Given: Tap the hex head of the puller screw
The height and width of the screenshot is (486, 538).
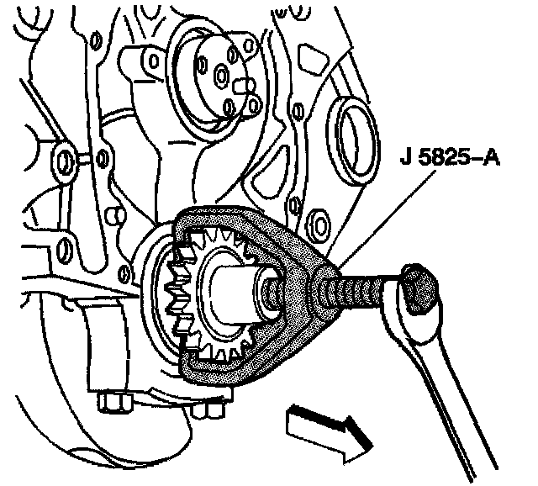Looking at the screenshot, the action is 418,289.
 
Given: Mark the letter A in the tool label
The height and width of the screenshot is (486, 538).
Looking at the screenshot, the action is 489,156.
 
